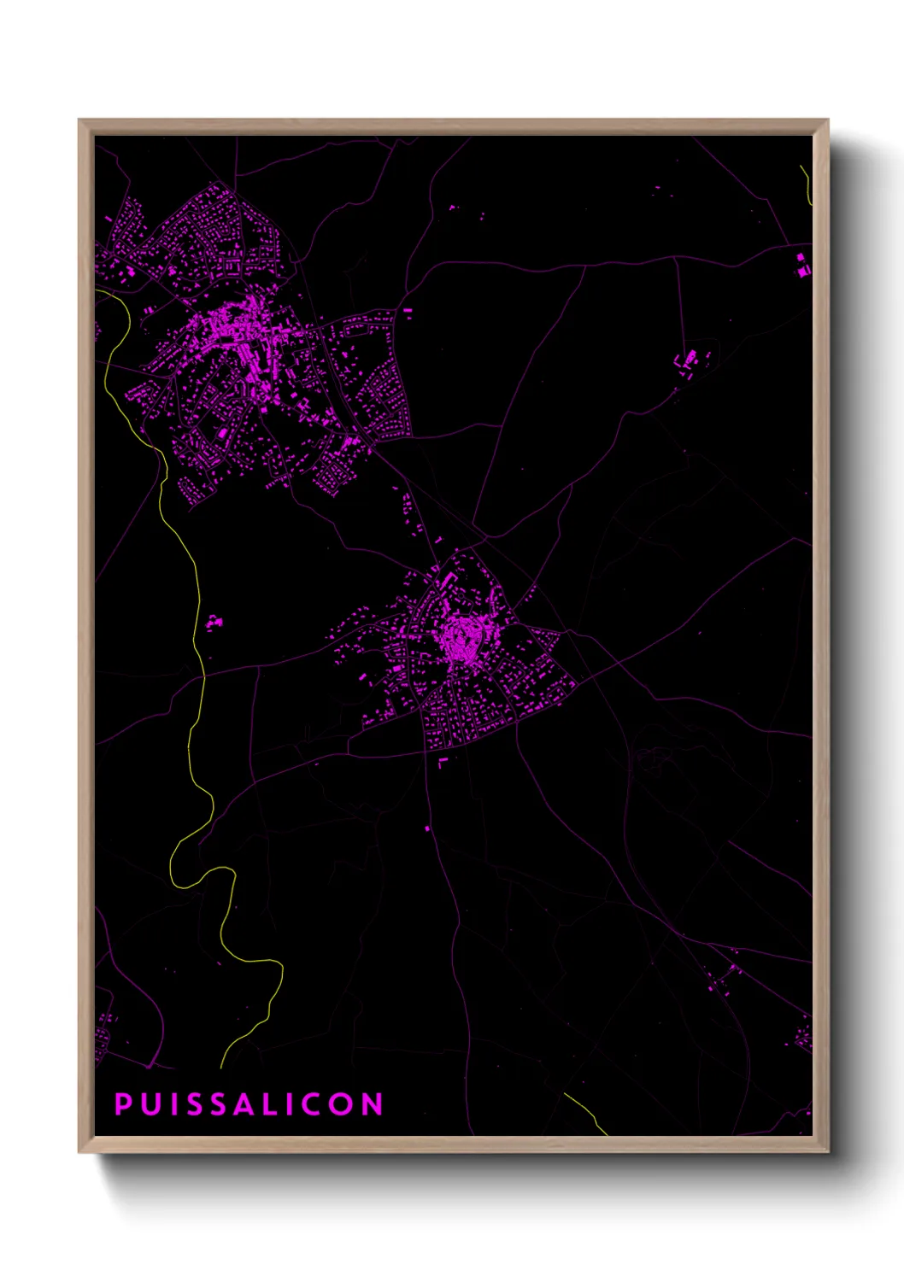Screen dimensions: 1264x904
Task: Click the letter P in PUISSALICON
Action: coord(123,1104)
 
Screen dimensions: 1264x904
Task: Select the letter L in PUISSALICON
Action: coord(267,1104)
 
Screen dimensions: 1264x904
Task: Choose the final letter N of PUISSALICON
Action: coord(373,1104)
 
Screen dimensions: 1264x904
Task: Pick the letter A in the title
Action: coord(243,1104)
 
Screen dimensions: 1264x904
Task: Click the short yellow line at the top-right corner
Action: coord(806,184)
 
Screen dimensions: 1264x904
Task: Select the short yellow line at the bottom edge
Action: coord(587,1113)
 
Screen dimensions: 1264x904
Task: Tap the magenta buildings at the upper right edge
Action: coord(802,265)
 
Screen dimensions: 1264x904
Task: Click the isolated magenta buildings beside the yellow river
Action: coord(212,623)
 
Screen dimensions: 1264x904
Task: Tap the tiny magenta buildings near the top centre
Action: coord(454,207)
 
